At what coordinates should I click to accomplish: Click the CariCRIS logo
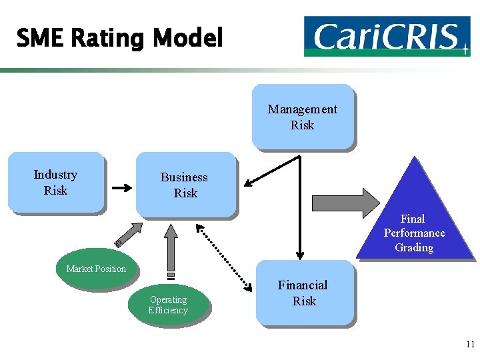pos(387,36)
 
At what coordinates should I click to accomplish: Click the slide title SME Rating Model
pos(119,38)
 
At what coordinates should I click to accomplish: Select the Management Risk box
pos(303,117)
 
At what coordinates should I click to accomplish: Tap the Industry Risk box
pos(56,183)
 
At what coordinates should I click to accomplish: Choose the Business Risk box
pos(185,185)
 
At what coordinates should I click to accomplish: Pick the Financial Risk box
pos(304,293)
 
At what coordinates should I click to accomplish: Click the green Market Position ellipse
pos(96,269)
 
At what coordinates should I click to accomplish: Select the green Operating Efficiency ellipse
pos(168,305)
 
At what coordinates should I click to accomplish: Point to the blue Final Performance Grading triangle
pos(414,220)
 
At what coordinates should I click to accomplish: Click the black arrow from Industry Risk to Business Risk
pos(122,188)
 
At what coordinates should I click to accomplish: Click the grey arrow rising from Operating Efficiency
pos(171,250)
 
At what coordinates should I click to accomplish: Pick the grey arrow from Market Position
pos(129,234)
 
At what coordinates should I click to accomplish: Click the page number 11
pos(469,345)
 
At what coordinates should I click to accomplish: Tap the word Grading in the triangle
pos(414,247)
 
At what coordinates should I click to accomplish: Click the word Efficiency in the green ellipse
pos(168,310)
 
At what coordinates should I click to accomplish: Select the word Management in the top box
pos(303,109)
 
